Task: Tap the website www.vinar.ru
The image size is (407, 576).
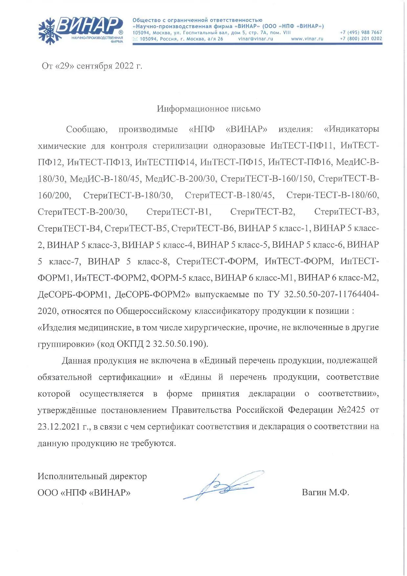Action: (307, 39)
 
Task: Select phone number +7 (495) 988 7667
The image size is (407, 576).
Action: (361, 33)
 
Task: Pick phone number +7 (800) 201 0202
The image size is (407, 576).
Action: (361, 38)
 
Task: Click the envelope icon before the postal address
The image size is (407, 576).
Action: (135, 39)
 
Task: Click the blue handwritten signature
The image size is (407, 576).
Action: (223, 486)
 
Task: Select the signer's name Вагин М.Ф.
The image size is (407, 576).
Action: (325, 493)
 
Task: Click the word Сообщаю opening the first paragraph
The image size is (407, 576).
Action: (87, 129)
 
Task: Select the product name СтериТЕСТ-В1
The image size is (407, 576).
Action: (179, 212)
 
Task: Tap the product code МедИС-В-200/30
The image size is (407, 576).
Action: (180, 179)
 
